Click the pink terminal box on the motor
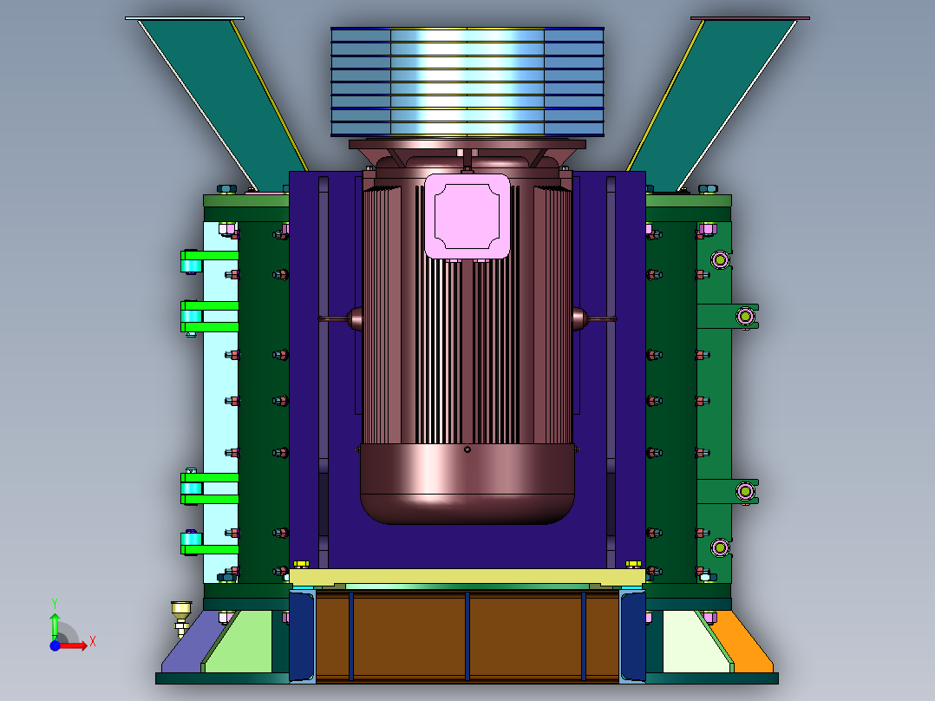[467, 216]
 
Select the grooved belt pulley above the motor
[467, 82]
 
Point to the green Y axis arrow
[55, 626]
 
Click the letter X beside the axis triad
[93, 642]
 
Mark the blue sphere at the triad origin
[55, 645]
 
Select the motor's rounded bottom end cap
[467, 484]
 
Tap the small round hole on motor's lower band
[467, 449]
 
